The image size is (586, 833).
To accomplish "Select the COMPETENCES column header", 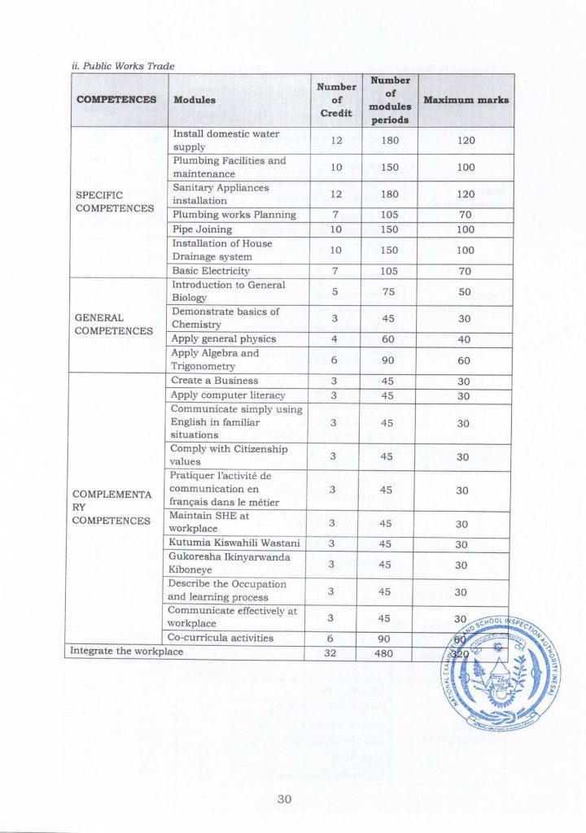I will coord(116,100).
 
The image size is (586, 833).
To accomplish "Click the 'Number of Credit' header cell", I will coord(335,100).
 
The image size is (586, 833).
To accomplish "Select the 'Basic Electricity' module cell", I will coord(211,271).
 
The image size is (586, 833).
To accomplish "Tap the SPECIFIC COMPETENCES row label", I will coord(115,201).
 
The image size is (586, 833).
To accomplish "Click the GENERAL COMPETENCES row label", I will coord(113,325).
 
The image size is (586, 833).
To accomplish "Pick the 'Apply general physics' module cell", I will coord(224,339).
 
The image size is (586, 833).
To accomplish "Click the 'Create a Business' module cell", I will coord(215,381).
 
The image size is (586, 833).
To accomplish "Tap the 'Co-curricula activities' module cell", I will coord(222,639).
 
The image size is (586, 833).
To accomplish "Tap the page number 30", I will coord(284,800).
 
